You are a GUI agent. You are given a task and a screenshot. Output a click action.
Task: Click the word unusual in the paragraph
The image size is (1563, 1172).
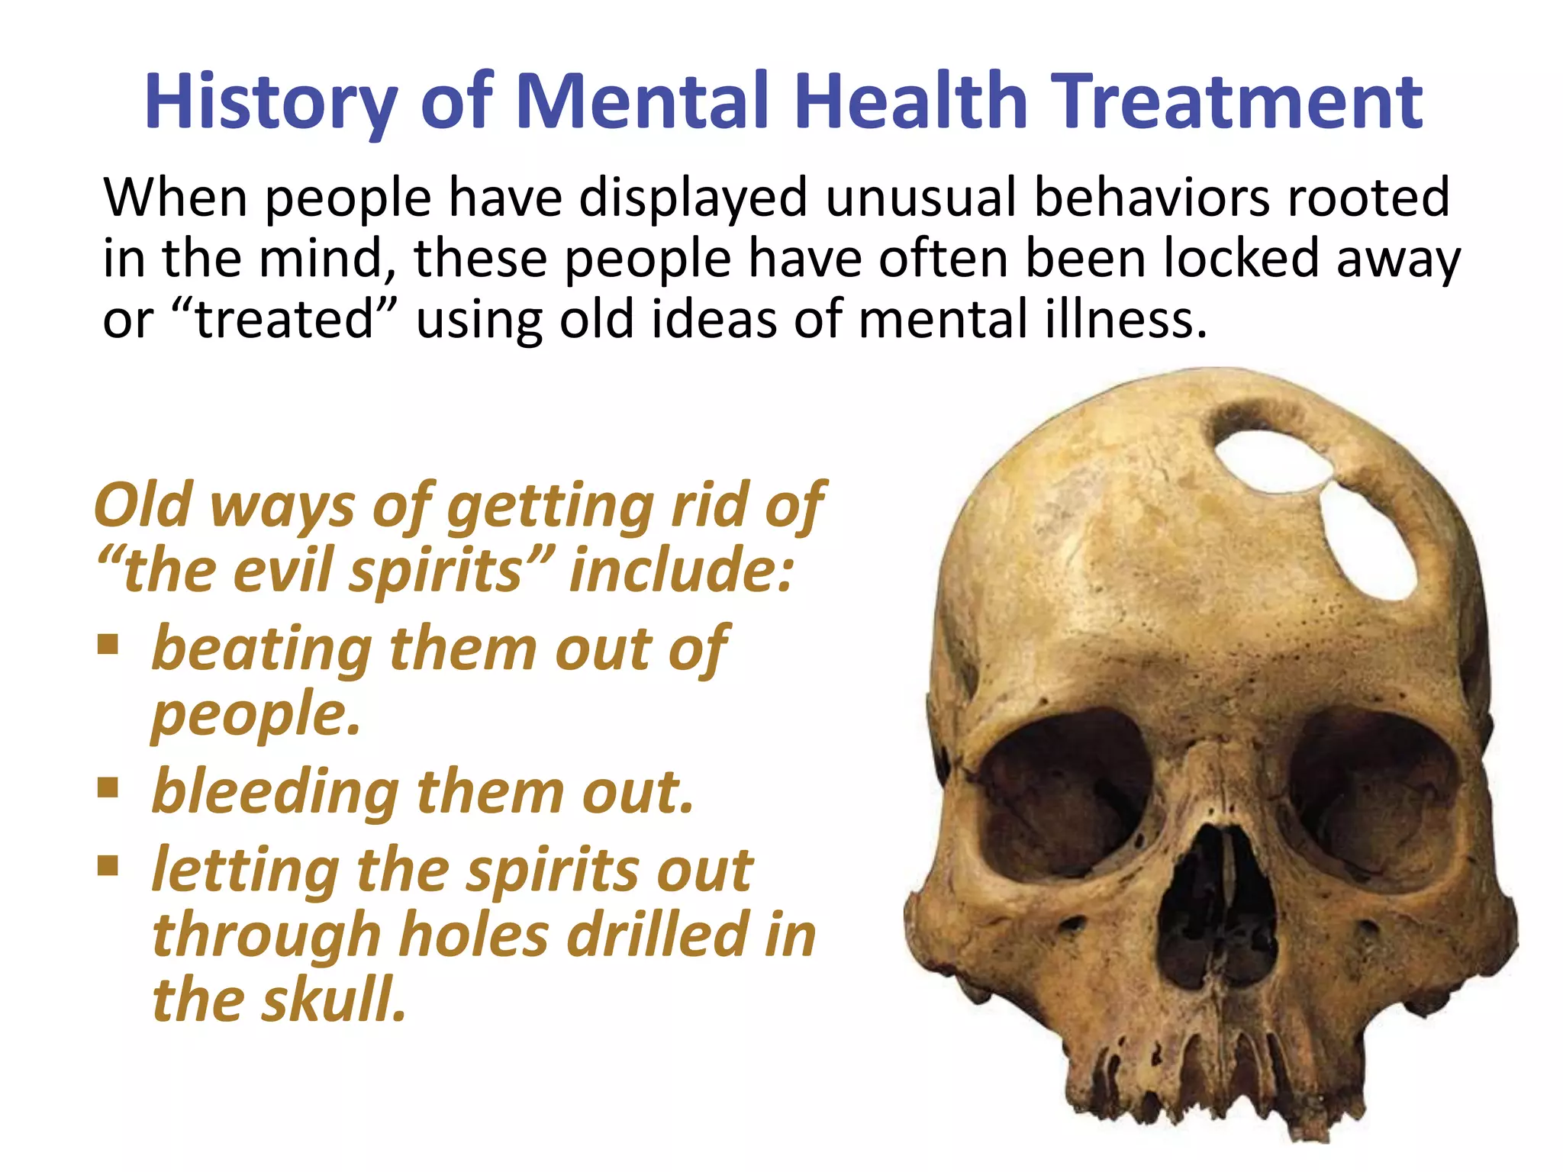click(920, 198)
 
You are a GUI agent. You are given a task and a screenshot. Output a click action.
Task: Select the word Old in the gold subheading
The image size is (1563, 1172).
click(143, 505)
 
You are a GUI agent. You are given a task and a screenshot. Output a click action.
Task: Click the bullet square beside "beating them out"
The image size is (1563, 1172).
click(108, 645)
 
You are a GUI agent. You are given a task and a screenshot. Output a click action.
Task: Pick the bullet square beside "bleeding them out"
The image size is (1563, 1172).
click(108, 787)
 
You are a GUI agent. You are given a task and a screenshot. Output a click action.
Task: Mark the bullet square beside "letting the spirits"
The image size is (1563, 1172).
click(108, 865)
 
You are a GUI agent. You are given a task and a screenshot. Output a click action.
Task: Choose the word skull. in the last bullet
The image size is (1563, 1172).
click(334, 1000)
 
